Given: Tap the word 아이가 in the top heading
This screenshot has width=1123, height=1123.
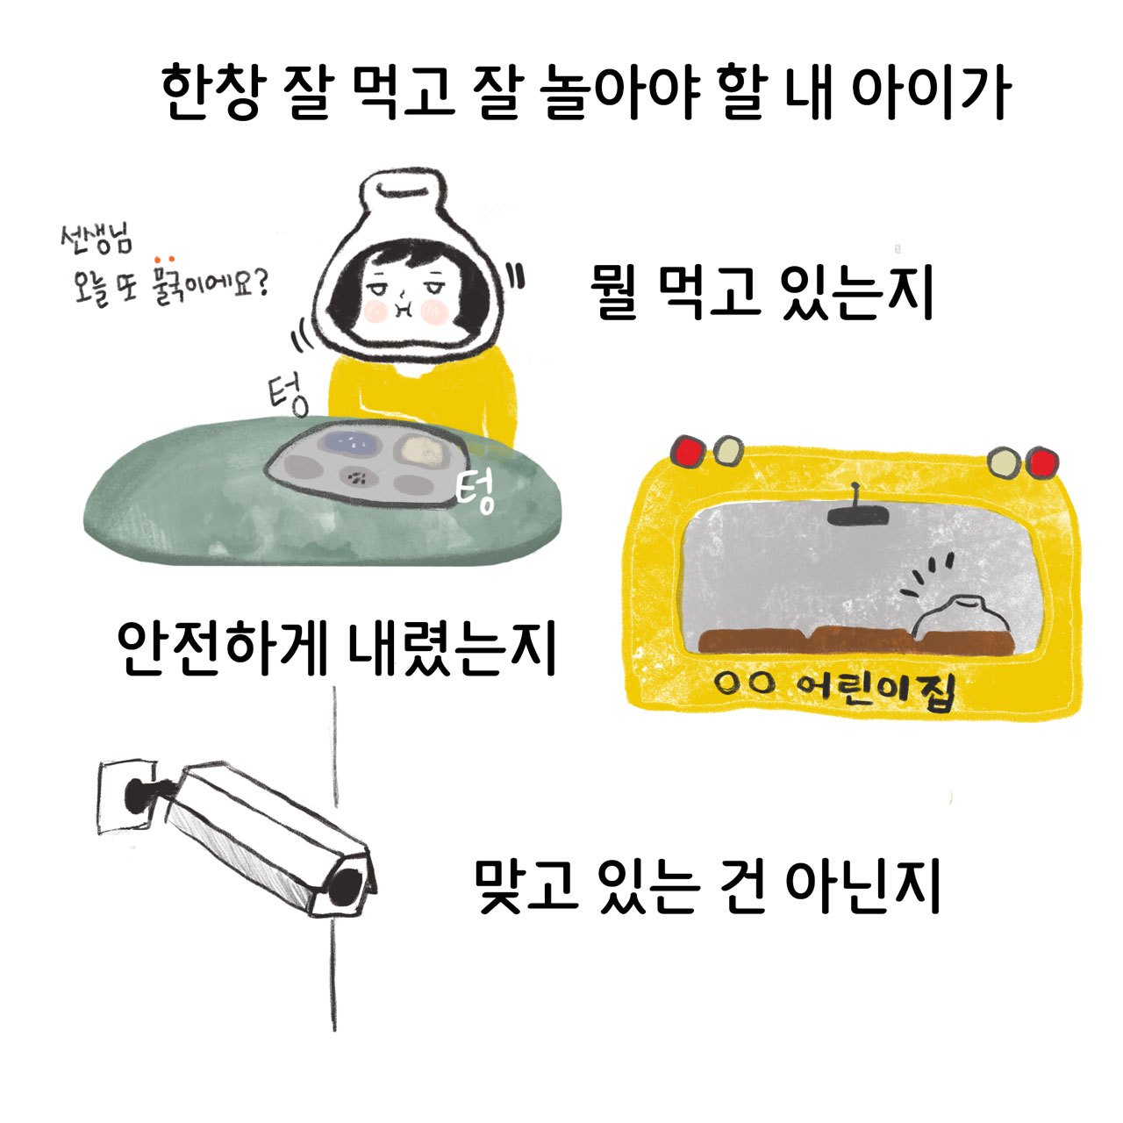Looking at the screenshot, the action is (x=931, y=93).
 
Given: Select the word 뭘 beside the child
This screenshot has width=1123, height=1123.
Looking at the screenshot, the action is (x=617, y=291).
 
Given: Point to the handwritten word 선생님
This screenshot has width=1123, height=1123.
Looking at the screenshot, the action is (x=97, y=240).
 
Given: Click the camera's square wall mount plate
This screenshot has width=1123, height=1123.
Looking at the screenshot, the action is (x=126, y=796).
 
